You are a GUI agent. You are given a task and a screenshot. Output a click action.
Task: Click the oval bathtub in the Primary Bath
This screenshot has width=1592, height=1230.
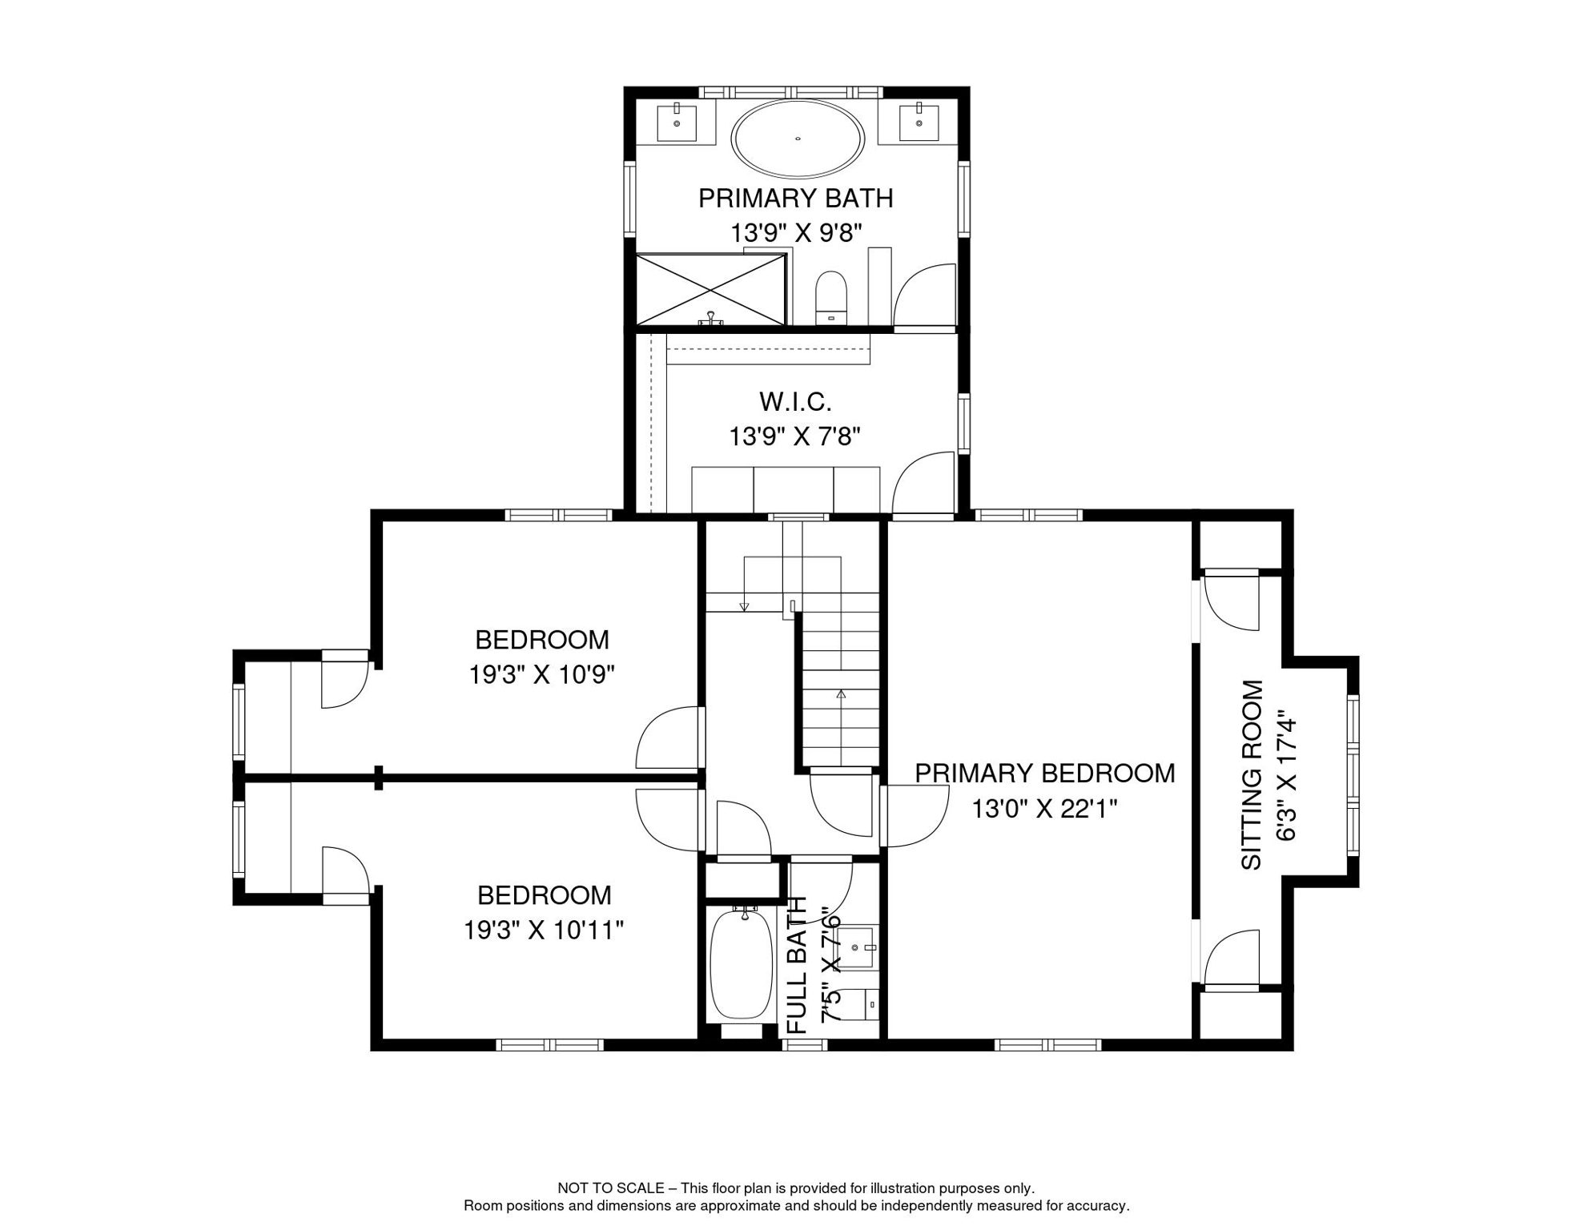click(x=798, y=139)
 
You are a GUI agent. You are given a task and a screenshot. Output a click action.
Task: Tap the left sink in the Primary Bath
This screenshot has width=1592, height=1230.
click(x=677, y=123)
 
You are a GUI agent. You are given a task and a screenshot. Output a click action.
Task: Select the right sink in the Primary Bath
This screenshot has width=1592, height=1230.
click(x=919, y=123)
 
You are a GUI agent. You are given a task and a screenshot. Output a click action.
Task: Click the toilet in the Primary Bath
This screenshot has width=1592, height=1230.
click(x=831, y=297)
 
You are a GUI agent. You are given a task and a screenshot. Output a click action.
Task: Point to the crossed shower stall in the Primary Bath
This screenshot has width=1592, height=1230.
click(x=710, y=290)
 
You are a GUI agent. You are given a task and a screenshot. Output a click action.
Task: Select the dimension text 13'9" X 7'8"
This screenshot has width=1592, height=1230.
click(x=794, y=437)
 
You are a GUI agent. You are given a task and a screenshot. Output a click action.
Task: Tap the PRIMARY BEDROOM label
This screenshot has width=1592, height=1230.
click(x=1044, y=774)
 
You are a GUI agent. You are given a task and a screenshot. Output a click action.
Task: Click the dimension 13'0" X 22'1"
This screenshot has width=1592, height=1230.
click(x=1044, y=810)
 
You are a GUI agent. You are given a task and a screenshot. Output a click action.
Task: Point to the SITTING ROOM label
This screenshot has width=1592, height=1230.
click(x=1251, y=775)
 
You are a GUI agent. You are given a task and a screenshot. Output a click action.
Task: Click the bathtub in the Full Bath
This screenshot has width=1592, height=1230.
click(x=741, y=964)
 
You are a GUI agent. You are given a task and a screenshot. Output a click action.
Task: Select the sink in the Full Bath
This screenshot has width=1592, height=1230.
click(x=858, y=947)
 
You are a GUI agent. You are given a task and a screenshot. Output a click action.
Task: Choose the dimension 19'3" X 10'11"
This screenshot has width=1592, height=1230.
click(x=543, y=931)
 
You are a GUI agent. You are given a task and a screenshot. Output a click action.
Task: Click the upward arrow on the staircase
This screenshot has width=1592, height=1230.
click(x=841, y=693)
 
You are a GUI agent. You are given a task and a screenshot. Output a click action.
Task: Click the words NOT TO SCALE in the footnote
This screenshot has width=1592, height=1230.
click(x=610, y=1188)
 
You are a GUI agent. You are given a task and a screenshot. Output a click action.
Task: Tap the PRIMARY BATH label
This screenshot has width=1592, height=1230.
click(x=795, y=199)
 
